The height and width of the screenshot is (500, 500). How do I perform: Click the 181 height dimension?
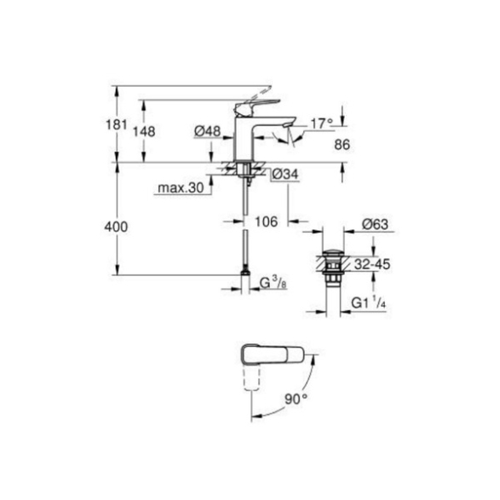[117, 124]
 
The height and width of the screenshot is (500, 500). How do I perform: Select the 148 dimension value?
[145, 131]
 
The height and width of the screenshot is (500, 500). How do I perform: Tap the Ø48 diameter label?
[207, 130]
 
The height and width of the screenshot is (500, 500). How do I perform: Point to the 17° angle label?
[322, 124]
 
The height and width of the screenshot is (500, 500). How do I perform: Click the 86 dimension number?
[342, 145]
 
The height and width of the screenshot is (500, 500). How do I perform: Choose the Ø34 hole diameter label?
[285, 174]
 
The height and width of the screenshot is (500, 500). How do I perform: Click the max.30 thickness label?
[181, 187]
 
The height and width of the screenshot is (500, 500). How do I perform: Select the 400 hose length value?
[116, 227]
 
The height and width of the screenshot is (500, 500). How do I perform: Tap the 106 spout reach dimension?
[267, 221]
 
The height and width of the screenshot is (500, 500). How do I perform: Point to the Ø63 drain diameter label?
[375, 225]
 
